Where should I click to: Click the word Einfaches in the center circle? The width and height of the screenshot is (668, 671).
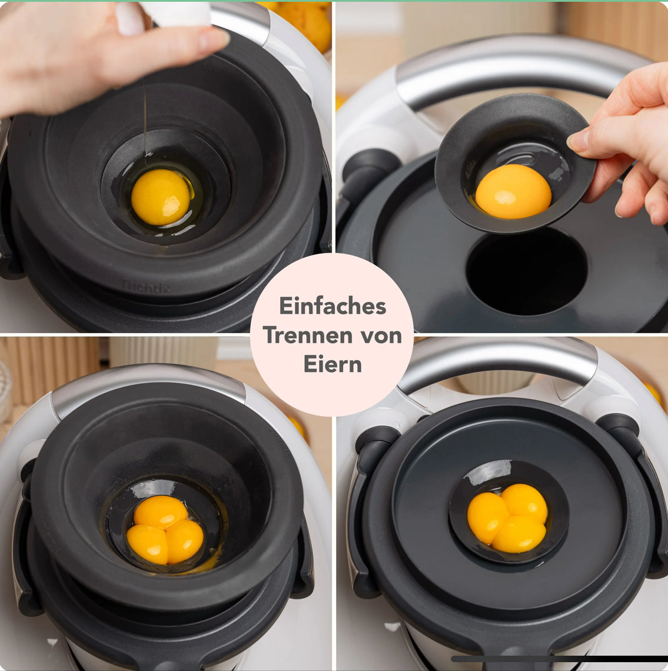point(333,307)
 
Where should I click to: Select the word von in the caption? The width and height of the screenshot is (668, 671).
point(381,336)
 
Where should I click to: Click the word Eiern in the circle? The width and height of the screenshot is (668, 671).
point(333,364)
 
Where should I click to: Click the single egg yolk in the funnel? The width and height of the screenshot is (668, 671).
point(161,197)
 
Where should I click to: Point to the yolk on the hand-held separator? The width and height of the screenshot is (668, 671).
point(513,191)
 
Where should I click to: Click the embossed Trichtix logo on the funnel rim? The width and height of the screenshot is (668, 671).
point(145,287)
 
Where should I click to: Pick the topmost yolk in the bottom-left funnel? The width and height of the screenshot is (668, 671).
point(161,511)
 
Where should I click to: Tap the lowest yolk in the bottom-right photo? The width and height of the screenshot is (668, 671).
point(519,534)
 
